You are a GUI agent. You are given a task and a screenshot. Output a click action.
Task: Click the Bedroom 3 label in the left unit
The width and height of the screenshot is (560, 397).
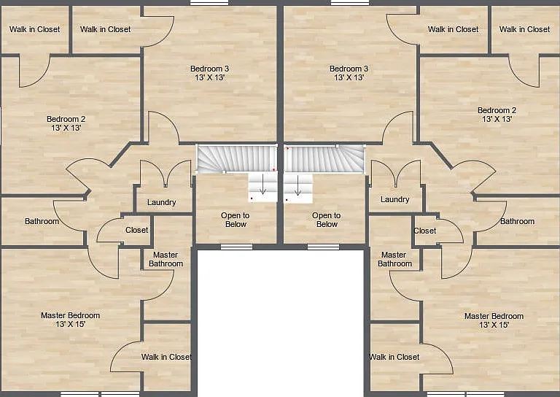coord(209,69)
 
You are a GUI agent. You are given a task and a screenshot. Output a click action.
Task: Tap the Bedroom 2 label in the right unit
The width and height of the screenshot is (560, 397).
coord(497,110)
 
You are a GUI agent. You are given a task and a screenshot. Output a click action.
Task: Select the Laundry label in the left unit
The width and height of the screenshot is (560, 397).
coord(161,202)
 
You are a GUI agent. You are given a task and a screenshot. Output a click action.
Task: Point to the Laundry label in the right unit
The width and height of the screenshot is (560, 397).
coord(394,199)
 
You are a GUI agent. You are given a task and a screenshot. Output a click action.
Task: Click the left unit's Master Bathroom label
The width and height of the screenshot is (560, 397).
coord(166,259)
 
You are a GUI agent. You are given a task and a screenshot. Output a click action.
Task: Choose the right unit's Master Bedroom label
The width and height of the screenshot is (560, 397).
coord(494,316)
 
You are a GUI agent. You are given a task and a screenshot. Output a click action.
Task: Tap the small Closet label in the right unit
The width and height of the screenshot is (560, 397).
coord(424,231)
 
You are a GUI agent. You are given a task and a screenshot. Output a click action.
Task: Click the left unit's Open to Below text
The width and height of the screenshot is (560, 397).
coord(235,220)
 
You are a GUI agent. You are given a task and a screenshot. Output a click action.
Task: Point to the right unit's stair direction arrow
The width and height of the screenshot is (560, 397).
coord(297,185)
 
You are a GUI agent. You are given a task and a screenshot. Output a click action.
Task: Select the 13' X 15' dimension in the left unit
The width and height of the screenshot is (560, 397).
coord(70,324)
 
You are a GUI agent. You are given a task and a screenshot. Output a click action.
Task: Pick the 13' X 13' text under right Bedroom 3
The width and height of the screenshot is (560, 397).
coord(349,77)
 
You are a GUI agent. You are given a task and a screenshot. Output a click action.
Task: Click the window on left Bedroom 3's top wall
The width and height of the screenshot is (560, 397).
coord(209,3)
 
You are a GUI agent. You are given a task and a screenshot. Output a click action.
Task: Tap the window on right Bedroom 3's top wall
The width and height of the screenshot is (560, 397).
coord(350,3)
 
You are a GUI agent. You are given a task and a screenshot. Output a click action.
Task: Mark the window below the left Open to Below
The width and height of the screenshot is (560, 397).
coord(236,247)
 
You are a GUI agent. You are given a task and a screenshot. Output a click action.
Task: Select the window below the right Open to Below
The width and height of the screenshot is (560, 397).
coord(323,247)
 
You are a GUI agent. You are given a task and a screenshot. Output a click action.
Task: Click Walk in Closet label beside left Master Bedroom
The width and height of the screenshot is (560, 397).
coord(166,357)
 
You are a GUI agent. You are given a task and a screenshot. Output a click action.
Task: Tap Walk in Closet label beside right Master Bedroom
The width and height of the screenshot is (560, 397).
coord(394,357)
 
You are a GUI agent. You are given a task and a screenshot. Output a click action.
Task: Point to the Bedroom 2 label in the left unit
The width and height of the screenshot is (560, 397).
coord(66,119)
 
